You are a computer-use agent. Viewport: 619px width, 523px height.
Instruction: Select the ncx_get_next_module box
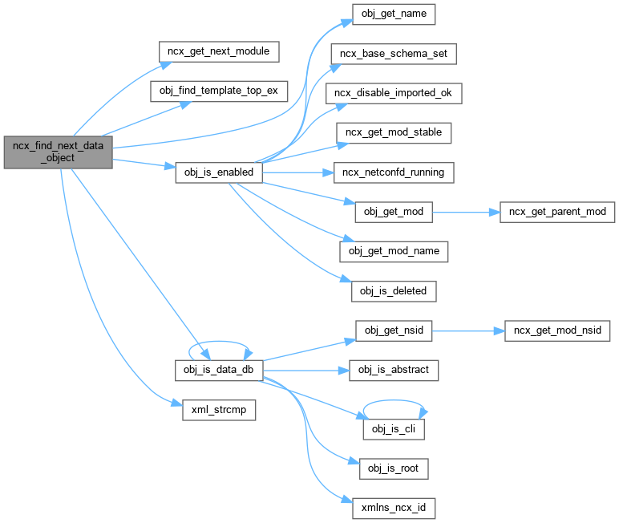(218, 51)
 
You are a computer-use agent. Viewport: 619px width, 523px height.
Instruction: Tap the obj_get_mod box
(393, 212)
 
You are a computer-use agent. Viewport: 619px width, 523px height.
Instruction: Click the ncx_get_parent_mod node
(558, 212)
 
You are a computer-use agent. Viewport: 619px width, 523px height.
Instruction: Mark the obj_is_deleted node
(393, 290)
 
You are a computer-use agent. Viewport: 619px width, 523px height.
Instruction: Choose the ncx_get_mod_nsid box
(558, 330)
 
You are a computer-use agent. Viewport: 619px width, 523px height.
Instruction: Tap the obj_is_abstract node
(393, 370)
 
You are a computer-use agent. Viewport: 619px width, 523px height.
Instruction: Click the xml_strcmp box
(214, 409)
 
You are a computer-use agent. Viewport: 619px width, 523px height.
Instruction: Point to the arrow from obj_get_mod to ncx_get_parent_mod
(466, 212)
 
